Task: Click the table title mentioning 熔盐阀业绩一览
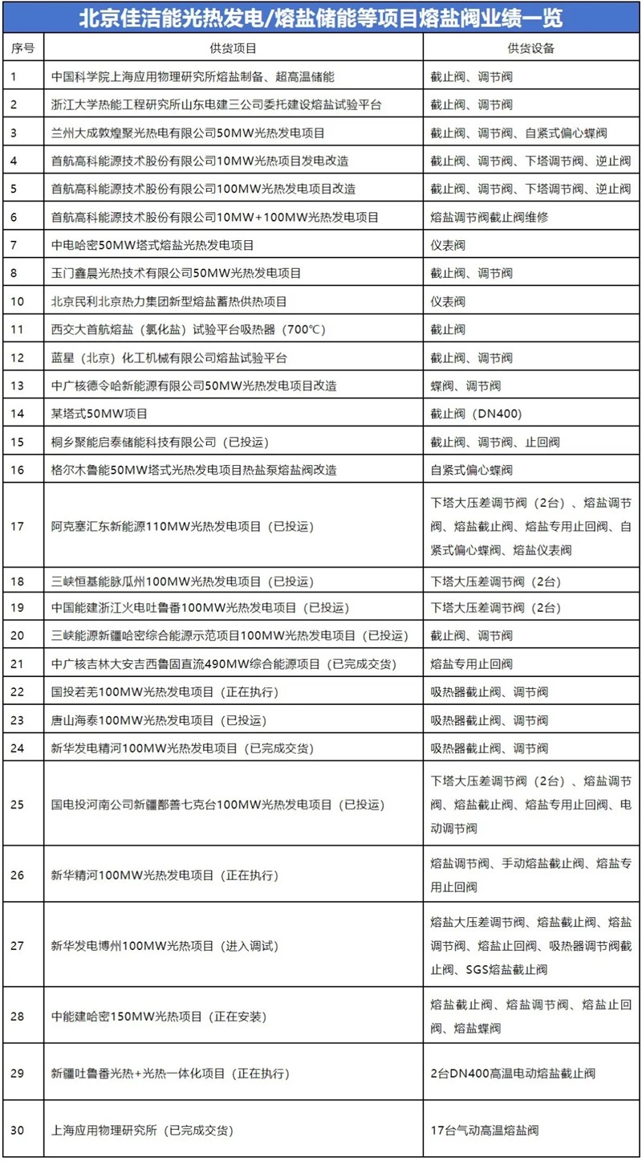321,18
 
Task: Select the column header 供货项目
234,48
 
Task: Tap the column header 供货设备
531,48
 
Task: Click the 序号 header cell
22,48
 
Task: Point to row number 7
15,245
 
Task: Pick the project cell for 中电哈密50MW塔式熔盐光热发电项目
152,245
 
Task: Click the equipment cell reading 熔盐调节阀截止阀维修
490,217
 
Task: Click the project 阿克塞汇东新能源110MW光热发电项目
181,527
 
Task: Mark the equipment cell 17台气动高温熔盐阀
484,1130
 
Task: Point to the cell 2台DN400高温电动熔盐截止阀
513,1073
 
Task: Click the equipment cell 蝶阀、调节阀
465,385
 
